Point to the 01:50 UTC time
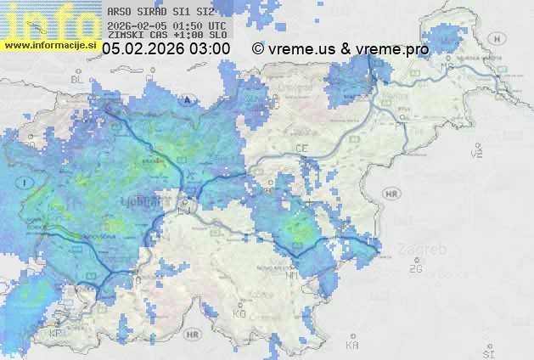(x=193, y=25)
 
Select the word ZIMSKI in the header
(x=122, y=35)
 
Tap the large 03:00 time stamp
(x=210, y=49)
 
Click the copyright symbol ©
(x=257, y=49)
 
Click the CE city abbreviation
(x=301, y=149)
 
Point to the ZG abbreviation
(x=415, y=269)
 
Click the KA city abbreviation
(x=351, y=345)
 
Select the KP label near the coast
(x=56, y=334)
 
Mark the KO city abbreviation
(x=239, y=313)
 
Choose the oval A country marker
(x=186, y=98)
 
